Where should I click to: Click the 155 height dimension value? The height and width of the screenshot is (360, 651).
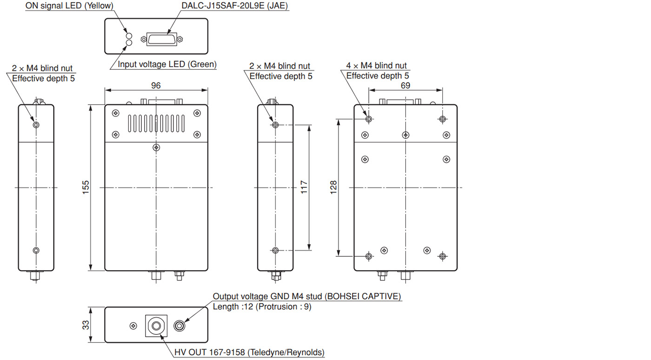(x=86, y=187)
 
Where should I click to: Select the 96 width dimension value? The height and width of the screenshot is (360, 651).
(x=156, y=86)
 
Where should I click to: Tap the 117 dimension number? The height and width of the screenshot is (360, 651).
(x=304, y=187)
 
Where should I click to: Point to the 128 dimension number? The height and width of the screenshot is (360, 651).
(x=333, y=187)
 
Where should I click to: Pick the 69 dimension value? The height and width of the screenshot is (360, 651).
(x=405, y=86)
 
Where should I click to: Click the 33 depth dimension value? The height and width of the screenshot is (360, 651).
(x=86, y=325)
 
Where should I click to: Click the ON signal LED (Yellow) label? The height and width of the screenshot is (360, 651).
(x=69, y=6)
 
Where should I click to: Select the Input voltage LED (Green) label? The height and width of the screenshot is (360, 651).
(x=167, y=64)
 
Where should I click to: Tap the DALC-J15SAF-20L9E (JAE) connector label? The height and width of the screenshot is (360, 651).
(x=234, y=6)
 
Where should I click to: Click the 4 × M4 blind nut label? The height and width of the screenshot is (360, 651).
(x=376, y=66)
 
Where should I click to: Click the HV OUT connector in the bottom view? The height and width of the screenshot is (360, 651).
(x=156, y=326)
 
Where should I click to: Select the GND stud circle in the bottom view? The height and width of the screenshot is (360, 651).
(x=179, y=326)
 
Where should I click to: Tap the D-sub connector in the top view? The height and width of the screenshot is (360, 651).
(x=162, y=39)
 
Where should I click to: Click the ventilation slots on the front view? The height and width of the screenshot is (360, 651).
(x=156, y=123)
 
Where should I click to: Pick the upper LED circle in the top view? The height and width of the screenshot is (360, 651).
(x=129, y=36)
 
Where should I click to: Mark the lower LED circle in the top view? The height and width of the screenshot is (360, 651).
(x=129, y=43)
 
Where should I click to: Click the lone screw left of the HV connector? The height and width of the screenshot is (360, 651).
(x=133, y=326)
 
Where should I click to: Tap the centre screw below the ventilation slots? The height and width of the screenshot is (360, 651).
(x=156, y=147)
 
